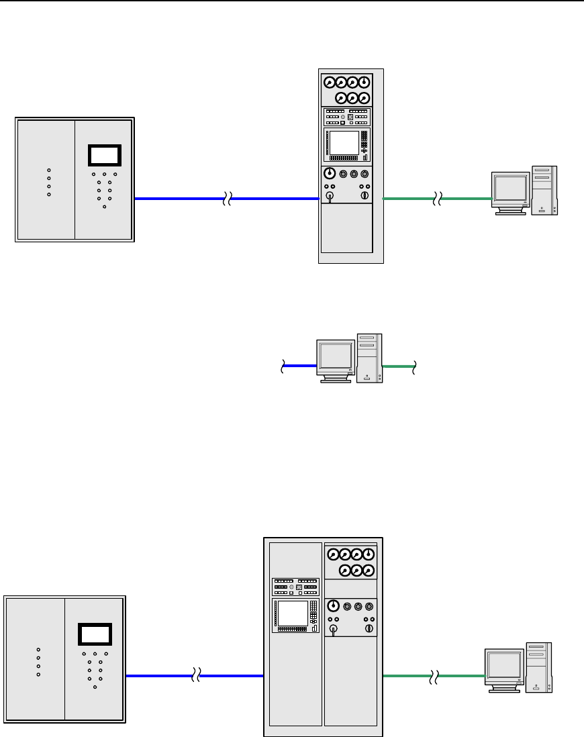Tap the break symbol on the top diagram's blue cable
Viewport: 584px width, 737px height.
tap(228, 199)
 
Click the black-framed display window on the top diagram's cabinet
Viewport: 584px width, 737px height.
tap(104, 155)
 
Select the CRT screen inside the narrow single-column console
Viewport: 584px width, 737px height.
tap(344, 142)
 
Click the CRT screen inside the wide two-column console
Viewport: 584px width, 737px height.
tap(293, 613)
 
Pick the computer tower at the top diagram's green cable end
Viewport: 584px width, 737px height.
tap(544, 190)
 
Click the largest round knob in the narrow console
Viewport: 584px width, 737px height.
tap(330, 174)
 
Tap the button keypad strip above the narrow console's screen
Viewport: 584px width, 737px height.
tap(346, 117)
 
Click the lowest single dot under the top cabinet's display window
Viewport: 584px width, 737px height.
tap(104, 207)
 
